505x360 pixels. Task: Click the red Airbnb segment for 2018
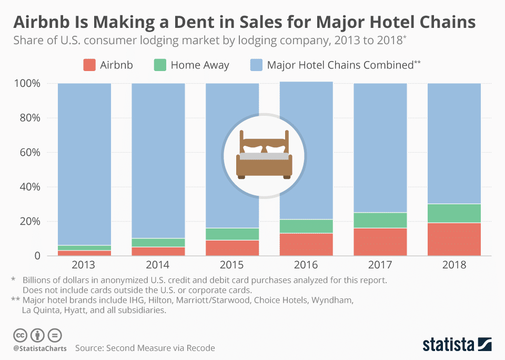point(454,239)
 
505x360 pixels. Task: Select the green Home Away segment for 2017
point(380,221)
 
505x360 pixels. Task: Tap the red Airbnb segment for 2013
point(84,253)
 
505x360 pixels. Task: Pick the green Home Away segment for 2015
point(232,234)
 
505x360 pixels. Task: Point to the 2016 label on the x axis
point(306,265)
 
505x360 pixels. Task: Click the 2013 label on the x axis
point(84,265)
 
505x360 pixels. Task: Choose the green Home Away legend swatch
point(160,65)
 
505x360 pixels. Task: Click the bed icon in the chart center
point(264,154)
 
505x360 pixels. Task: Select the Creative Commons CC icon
point(21,335)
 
